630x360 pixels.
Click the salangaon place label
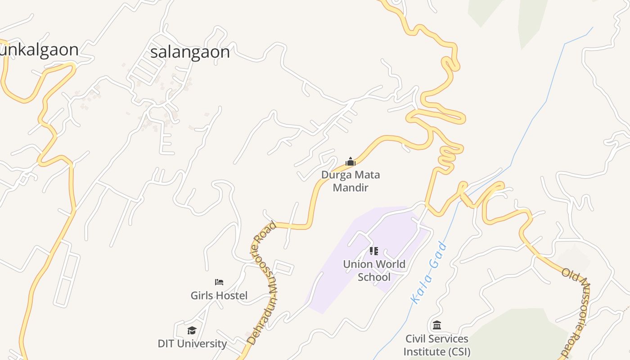(x=190, y=52)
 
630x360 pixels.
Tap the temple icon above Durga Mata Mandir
(x=350, y=162)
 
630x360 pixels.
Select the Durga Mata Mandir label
(x=351, y=181)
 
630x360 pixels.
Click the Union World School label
(x=374, y=270)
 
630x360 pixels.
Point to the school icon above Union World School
(x=373, y=251)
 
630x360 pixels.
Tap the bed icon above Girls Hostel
(x=219, y=282)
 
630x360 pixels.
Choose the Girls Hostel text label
(x=219, y=296)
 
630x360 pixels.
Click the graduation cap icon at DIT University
(x=192, y=331)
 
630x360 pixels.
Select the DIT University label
(x=192, y=343)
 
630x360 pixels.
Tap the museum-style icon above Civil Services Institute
(x=436, y=325)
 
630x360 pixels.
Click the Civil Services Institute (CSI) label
(x=436, y=345)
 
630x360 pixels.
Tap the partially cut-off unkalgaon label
(x=39, y=49)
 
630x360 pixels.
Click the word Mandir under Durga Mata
(x=351, y=187)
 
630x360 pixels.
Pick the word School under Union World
(x=374, y=277)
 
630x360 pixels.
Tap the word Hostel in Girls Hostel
(x=232, y=296)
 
